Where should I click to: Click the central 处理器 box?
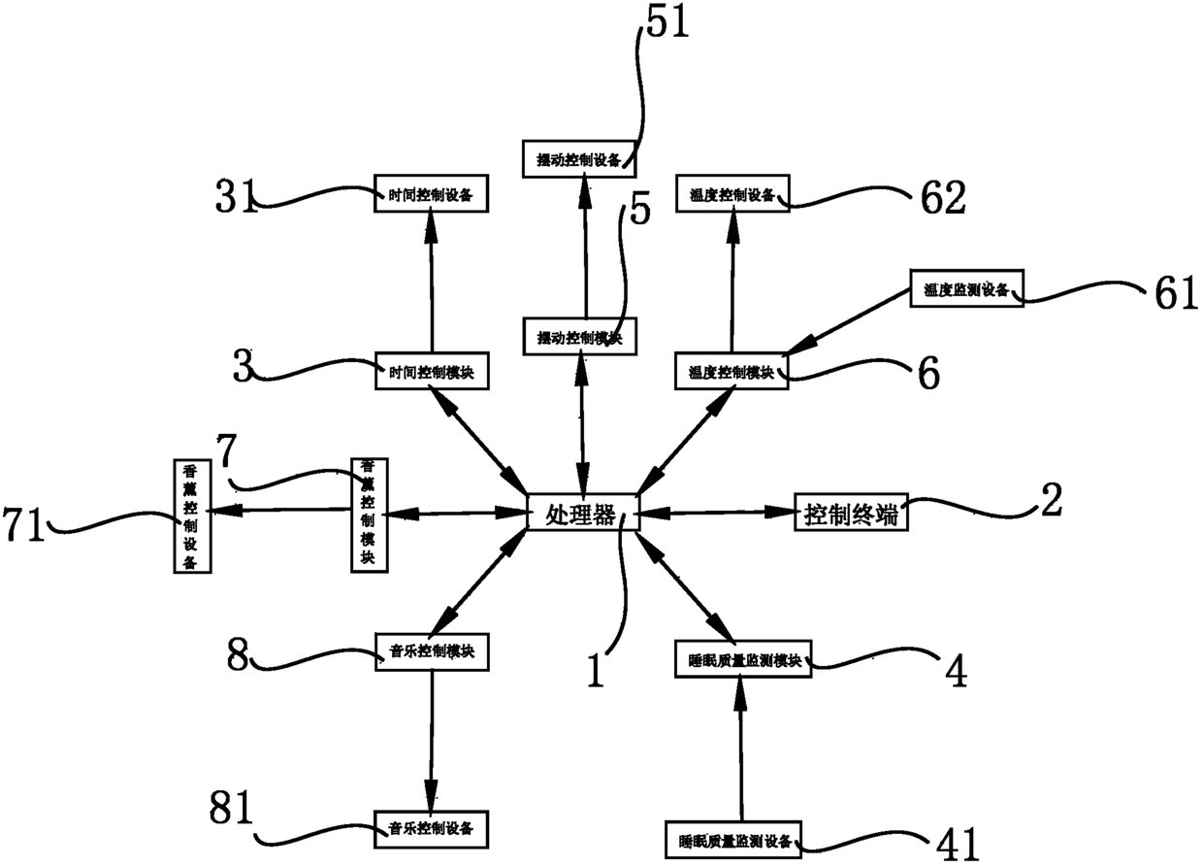(582, 512)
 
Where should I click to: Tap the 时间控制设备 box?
(431, 193)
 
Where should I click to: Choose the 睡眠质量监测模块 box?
(740, 661)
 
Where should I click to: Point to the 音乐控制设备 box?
(431, 827)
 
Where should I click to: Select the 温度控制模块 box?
(732, 371)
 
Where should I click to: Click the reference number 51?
(664, 22)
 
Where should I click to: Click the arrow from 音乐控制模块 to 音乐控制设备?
(431, 738)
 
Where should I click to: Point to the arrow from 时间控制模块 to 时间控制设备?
(431, 282)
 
